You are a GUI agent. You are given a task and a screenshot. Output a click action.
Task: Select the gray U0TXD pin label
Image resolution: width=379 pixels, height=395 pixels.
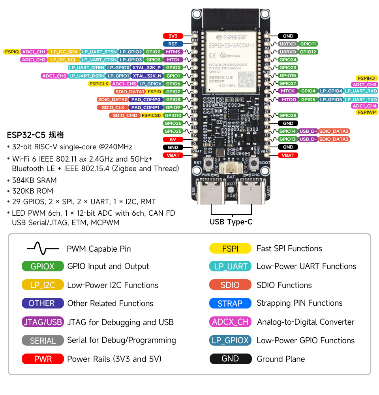tap(287, 44)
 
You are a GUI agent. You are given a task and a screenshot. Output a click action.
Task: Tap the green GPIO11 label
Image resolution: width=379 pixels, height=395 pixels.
tap(308, 44)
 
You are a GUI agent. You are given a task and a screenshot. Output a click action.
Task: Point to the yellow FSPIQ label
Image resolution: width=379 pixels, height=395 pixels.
tap(11, 52)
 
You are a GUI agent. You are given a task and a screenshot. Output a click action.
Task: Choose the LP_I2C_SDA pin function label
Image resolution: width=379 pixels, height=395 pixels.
tap(64, 52)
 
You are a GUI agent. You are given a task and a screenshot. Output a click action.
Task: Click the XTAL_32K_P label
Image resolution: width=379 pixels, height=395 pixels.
tap(146, 68)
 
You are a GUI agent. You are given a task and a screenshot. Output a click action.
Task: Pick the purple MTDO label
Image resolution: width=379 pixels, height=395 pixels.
tap(289, 100)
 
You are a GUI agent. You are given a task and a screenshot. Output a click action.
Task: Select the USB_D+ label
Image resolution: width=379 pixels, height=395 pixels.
tap(308, 131)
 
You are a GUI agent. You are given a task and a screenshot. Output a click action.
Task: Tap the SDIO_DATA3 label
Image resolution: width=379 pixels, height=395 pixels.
tap(334, 139)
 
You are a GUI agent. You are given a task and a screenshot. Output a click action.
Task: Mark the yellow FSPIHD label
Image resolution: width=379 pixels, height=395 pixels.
tap(367, 78)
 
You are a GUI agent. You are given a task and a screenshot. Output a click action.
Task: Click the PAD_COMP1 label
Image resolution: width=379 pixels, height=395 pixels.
tap(146, 107)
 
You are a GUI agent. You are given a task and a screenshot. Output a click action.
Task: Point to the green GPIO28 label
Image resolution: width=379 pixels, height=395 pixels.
tap(288, 115)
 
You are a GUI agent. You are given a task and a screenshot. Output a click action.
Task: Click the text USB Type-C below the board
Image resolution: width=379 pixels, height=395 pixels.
tap(231, 222)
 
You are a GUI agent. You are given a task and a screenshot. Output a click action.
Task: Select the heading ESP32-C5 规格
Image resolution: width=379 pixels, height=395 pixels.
tap(36, 135)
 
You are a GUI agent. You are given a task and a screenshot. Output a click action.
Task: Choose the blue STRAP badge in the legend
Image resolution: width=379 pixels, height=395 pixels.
tap(230, 303)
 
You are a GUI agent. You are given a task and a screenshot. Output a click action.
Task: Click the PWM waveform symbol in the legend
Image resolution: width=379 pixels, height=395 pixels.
tap(43, 248)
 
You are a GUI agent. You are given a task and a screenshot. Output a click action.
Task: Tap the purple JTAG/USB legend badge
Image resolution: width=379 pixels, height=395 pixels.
tap(43, 322)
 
